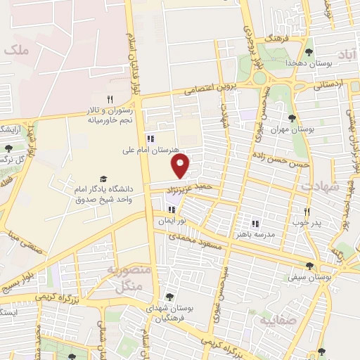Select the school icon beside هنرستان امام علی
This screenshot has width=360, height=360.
tap(149, 139)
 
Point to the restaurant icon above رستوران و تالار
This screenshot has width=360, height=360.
tap(109, 99)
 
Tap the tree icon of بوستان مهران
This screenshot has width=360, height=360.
tap(292, 118)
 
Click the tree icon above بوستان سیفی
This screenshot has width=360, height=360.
tap(310, 265)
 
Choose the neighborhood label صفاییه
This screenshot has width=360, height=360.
tap(301, 321)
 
